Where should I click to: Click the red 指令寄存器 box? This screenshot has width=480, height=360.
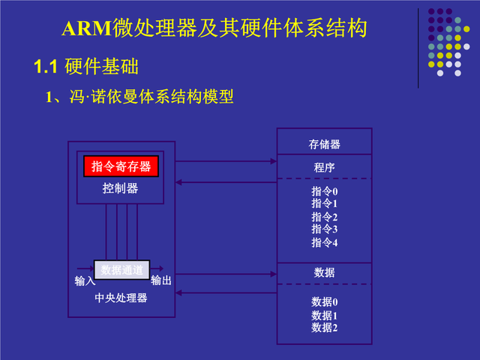point(121,166)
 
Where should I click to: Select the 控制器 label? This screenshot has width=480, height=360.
point(121,188)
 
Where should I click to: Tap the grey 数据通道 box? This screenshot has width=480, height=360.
point(121,269)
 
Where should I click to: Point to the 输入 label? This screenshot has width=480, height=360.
point(85,281)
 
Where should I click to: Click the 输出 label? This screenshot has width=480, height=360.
point(161,281)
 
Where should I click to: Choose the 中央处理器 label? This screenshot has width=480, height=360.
point(121,298)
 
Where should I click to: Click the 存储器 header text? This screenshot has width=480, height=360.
point(324,144)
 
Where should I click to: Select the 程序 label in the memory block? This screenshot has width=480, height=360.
point(324,166)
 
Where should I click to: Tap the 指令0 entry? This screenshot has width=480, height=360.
point(324,191)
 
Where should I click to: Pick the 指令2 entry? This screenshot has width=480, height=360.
point(324,217)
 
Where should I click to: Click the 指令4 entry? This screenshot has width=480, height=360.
point(324,242)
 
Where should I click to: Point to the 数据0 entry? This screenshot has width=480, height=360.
point(324,301)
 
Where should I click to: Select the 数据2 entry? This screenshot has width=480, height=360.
point(324,327)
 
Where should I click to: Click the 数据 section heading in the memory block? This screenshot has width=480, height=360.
point(324,272)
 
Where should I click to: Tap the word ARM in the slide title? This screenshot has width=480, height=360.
point(85,29)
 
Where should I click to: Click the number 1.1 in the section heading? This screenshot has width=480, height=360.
point(46,67)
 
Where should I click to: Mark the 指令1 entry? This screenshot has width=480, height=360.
point(324,203)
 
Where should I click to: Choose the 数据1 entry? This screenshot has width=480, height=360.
point(324,315)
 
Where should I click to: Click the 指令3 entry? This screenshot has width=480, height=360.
point(324,229)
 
